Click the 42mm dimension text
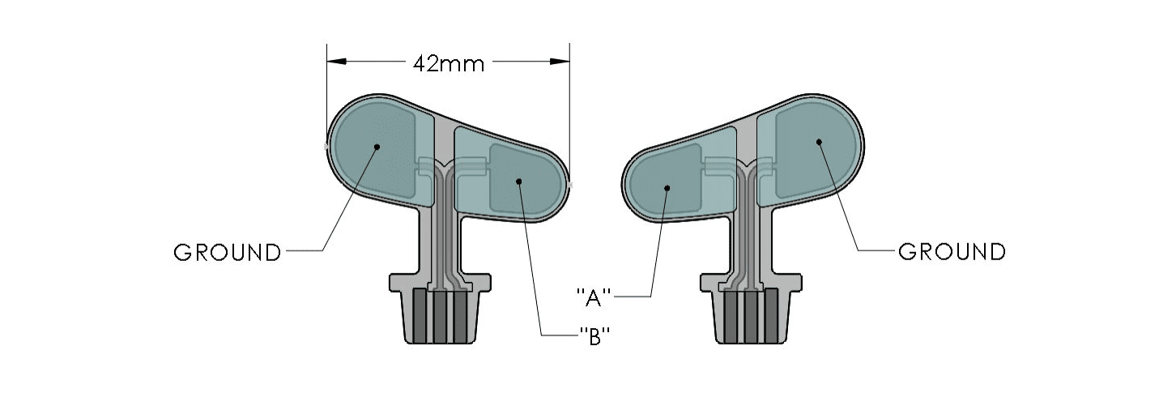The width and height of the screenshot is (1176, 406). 448,64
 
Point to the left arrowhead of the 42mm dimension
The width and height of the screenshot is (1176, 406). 336,62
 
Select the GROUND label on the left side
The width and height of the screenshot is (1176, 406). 228,253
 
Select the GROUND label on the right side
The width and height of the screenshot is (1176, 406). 952,252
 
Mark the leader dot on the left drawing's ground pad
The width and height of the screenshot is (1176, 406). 377,146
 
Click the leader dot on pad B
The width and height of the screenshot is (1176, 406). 519,182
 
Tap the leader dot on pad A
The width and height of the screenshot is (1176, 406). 667,188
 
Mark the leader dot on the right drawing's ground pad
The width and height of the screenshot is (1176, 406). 819,142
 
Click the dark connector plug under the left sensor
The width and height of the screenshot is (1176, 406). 441,317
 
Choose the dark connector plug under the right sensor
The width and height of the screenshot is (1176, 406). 751,317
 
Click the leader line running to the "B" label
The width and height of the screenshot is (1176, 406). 531,259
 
